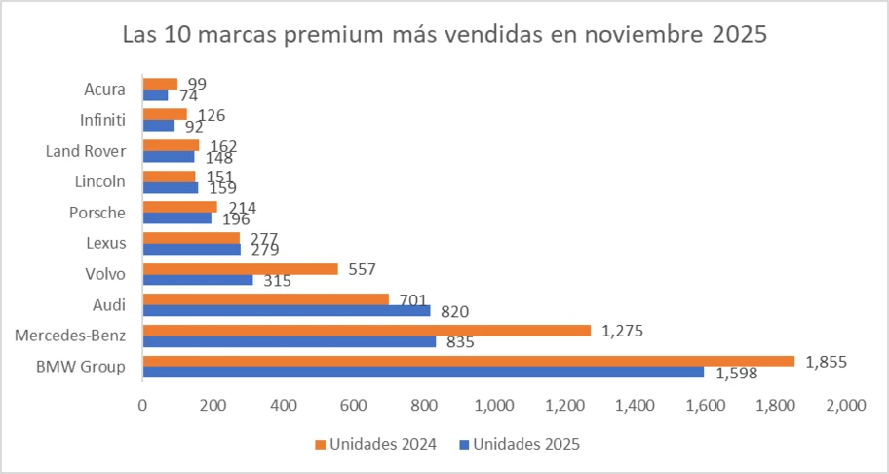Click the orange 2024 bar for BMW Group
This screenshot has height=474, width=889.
(468, 361)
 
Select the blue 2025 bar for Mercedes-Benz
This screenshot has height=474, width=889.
(289, 342)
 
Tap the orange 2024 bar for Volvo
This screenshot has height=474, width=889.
(240, 268)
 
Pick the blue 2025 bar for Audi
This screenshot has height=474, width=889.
(286, 311)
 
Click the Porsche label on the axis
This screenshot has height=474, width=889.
(97, 213)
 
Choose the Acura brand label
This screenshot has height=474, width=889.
(105, 89)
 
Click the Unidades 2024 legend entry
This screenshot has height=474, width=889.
(375, 444)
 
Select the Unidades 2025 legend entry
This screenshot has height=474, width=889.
(521, 444)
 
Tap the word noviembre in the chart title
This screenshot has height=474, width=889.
(637, 36)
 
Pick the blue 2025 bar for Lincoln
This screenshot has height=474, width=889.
(171, 187)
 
